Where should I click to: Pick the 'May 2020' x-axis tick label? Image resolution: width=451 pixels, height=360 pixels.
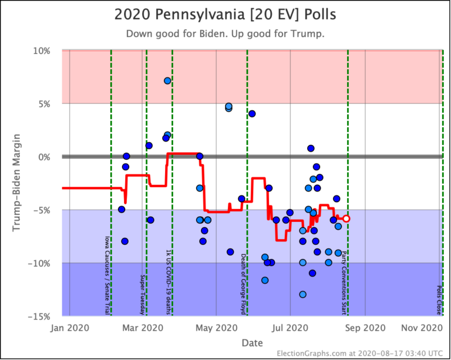217,327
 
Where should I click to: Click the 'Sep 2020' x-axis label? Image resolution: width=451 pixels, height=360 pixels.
365,327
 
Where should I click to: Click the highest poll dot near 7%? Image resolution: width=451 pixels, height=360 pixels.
167,80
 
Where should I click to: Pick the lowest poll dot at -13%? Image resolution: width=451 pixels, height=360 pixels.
302,294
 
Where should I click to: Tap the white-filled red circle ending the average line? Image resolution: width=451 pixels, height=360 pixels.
346,218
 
